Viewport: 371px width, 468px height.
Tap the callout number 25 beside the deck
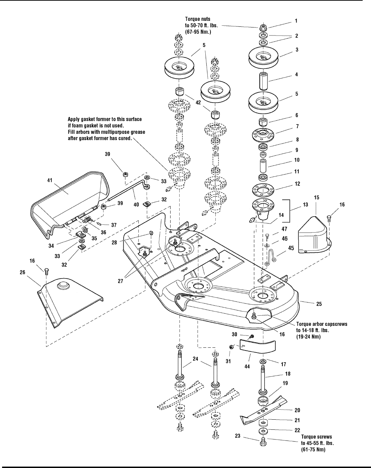(319, 304)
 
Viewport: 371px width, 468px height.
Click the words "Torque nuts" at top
(198, 19)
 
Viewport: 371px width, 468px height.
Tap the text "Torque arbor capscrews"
(322, 324)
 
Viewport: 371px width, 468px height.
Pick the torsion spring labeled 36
(89, 220)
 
